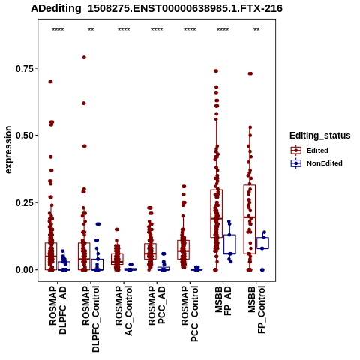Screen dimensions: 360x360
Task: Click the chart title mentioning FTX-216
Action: [x=157, y=8]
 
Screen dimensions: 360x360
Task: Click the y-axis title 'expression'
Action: [x=8, y=150]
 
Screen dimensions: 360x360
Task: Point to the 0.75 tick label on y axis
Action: [x=24, y=68]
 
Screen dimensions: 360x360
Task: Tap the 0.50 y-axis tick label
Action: [x=24, y=136]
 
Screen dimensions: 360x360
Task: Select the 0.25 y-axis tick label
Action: [x=24, y=202]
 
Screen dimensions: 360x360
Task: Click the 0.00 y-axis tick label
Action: [x=24, y=270]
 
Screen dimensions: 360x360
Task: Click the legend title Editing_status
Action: [x=320, y=136]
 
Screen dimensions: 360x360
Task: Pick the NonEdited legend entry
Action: [x=316, y=163]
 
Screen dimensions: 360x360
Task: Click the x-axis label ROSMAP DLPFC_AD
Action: [x=58, y=310]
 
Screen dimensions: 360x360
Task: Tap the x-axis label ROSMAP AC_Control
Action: [x=124, y=310]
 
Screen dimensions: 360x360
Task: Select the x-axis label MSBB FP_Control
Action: [x=256, y=310]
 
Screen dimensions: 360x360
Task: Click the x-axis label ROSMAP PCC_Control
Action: [x=190, y=313]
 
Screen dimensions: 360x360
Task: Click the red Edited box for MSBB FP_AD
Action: [x=217, y=214]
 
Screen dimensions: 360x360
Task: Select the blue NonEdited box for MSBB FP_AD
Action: [x=229, y=244]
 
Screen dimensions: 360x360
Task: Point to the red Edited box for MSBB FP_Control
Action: [x=250, y=220]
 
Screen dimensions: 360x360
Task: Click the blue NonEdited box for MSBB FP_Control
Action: [x=262, y=243]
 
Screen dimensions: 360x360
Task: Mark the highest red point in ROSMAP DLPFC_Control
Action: [x=84, y=58]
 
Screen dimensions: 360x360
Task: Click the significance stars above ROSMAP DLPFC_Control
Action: [x=91, y=30]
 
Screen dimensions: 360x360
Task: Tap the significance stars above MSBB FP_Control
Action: [x=256, y=30]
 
